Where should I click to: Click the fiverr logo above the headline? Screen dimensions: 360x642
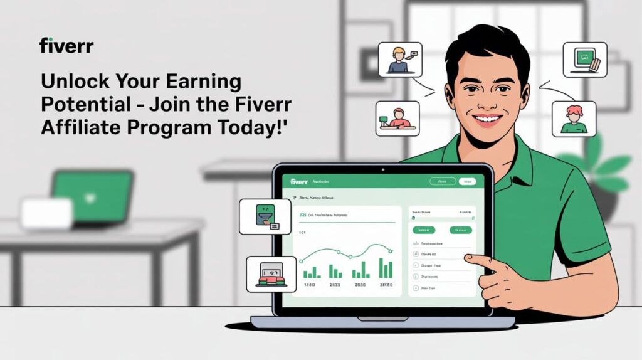coord(66,45)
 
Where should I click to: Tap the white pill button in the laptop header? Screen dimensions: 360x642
coord(467,182)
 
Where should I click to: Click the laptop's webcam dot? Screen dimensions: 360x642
coord(382,169)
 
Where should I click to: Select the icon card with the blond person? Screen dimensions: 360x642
coord(400,59)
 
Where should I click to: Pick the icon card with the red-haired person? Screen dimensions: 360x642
coord(574,119)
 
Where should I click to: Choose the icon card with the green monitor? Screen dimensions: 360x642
coord(584,59)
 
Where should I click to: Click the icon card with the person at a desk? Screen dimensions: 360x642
coord(397,118)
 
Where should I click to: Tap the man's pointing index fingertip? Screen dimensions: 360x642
coord(468,258)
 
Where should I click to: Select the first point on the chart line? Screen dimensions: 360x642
coord(302,260)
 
